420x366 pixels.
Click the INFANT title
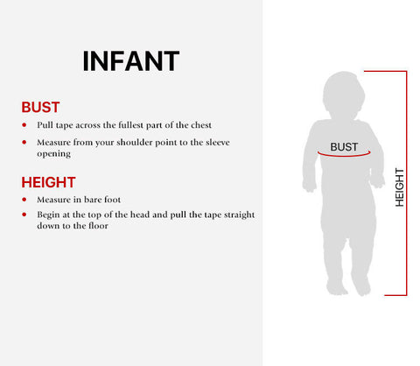[131, 61]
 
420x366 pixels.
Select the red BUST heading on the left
[40, 107]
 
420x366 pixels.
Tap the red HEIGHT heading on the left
[48, 182]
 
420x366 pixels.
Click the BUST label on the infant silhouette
[344, 147]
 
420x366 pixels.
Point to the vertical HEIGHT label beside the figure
[400, 187]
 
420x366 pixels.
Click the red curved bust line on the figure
[344, 155]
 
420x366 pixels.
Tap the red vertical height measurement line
[406, 183]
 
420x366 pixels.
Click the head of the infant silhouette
[344, 95]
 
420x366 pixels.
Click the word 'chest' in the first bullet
[201, 125]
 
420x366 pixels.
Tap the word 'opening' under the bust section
[53, 154]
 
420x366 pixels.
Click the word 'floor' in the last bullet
[99, 226]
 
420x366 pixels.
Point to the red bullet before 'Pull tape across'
[24, 125]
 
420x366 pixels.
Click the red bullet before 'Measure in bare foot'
[24, 200]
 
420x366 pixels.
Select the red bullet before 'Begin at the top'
[24, 215]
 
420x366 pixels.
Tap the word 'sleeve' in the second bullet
[218, 143]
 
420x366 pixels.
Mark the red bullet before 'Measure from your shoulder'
[24, 143]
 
